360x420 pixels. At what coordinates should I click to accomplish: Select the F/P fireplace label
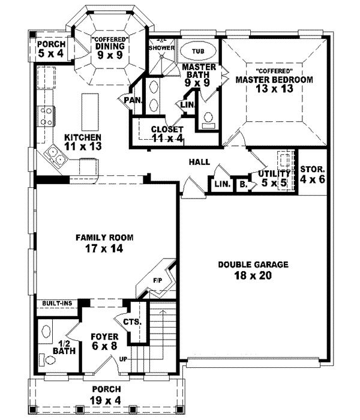158,280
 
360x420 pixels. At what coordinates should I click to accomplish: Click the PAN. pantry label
132,100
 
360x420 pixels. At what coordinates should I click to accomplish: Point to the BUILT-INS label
57,304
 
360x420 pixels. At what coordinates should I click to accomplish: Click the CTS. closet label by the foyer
133,322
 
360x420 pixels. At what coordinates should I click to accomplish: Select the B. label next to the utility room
242,185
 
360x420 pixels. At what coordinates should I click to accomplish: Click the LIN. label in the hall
221,185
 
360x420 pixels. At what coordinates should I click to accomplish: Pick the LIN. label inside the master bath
187,104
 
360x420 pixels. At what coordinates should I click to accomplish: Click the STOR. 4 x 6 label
313,174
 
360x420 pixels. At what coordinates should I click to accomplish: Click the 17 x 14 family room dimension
104,248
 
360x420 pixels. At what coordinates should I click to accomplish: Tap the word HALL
199,162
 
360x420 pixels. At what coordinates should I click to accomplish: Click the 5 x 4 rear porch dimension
49,52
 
